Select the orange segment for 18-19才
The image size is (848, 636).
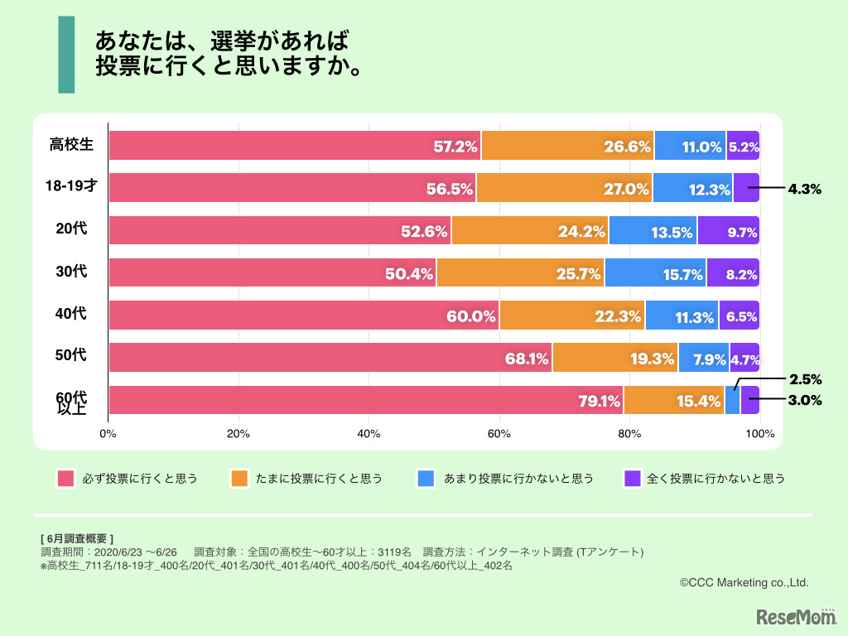tap(564, 188)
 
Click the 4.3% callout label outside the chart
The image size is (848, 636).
tap(804, 189)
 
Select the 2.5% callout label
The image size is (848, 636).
tap(804, 380)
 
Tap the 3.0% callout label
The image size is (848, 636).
tap(804, 401)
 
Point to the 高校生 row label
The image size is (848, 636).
tap(71, 145)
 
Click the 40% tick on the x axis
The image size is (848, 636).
tap(368, 433)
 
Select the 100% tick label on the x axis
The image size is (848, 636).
tap(759, 433)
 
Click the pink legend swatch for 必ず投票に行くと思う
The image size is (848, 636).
tap(66, 479)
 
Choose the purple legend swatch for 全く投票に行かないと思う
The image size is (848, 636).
tap(632, 479)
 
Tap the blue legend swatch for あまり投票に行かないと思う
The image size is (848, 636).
tap(426, 479)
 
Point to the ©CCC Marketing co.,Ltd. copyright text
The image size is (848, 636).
tap(744, 583)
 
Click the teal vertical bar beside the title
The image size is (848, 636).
tap(66, 54)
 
